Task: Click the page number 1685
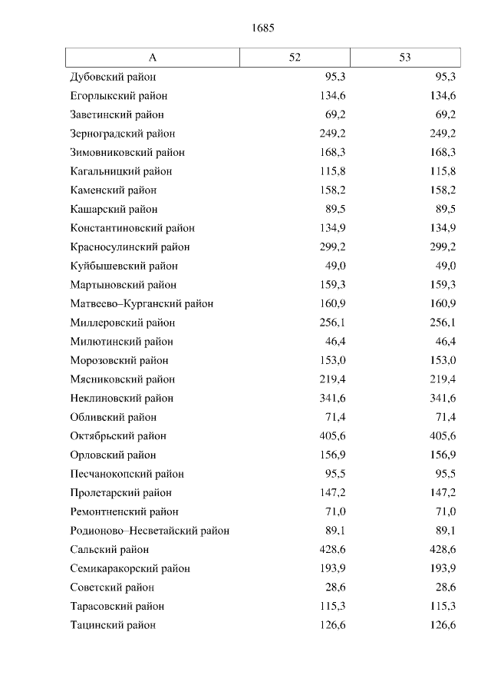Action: click(262, 28)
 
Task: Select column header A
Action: click(153, 58)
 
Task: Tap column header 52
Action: click(295, 58)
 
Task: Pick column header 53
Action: click(405, 58)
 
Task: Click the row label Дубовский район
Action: click(113, 77)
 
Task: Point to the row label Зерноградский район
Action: click(122, 134)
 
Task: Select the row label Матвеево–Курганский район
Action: click(141, 303)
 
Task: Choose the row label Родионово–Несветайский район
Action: click(150, 531)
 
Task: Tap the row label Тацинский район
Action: click(113, 625)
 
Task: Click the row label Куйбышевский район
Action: click(124, 266)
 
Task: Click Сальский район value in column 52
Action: click(331, 550)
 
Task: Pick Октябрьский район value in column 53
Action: click(442, 436)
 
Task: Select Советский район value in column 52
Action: click(334, 587)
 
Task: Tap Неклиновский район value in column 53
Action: click(442, 399)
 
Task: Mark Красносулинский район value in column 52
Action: click(331, 247)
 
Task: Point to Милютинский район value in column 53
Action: click(445, 342)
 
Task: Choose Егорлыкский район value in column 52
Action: click(331, 96)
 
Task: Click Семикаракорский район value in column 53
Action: click(442, 568)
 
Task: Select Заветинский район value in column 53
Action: click(445, 114)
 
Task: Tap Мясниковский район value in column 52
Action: click(331, 379)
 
